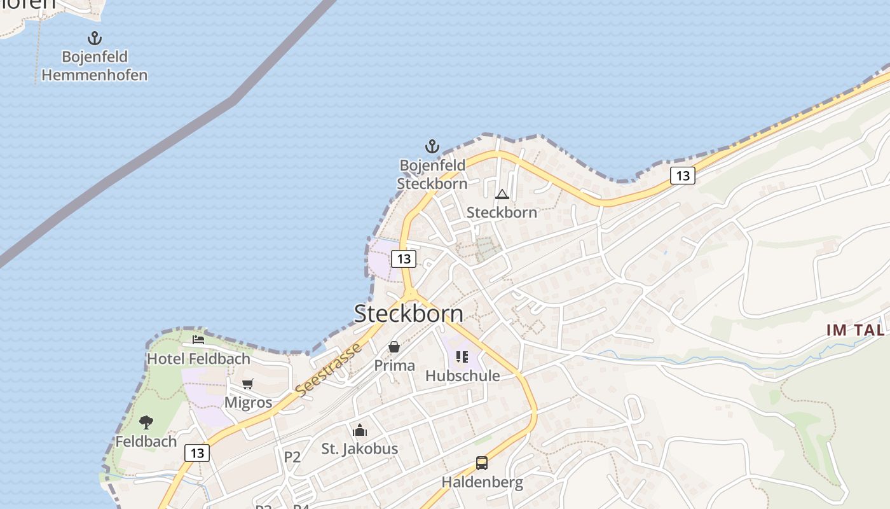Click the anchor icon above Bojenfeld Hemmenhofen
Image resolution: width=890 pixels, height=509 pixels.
point(94,38)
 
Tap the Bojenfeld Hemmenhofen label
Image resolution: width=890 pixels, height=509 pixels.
point(94,66)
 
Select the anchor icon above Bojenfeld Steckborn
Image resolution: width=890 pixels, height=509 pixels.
point(432,147)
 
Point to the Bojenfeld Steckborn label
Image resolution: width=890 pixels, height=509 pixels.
point(432,174)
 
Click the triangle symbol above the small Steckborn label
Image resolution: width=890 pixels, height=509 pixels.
point(502,194)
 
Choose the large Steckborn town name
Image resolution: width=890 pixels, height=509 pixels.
point(409,313)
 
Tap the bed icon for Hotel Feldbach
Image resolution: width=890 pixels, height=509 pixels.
point(198,340)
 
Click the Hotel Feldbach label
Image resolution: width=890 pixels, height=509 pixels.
point(198,359)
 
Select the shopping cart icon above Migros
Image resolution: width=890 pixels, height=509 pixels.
point(248,384)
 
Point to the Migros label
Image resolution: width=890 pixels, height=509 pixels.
point(248,403)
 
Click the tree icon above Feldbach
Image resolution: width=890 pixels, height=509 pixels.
point(146,422)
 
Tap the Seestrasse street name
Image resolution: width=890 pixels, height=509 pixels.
point(329,370)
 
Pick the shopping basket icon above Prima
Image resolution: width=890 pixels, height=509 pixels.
point(394,347)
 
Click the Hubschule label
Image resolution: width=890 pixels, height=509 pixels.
point(462,376)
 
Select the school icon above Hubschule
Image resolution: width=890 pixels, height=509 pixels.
point(462,357)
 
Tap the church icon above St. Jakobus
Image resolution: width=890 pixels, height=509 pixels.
point(360,430)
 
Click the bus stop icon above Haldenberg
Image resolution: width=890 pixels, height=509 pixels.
point(482,463)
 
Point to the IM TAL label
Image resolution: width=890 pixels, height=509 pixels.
point(855,330)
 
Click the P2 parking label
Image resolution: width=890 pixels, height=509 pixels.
point(292,457)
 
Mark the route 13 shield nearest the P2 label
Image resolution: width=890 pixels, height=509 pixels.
point(197,453)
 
